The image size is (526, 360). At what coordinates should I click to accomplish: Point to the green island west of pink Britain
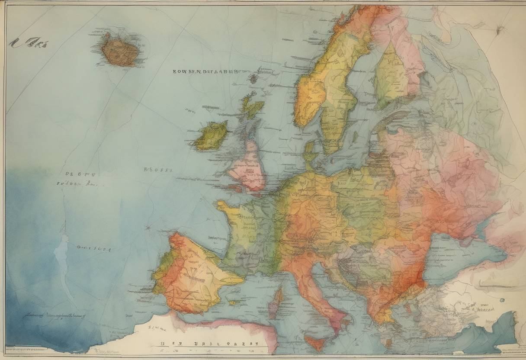[x=212, y=136]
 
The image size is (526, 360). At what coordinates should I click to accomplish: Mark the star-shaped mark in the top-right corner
[x=501, y=29]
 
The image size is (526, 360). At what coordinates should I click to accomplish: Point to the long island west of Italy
[x=276, y=303]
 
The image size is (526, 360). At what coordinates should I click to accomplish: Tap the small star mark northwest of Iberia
[x=148, y=227]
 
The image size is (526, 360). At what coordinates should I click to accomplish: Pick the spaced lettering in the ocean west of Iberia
[x=93, y=249]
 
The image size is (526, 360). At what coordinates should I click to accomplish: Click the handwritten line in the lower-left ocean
[x=54, y=316]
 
